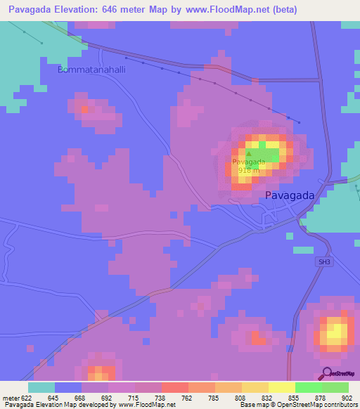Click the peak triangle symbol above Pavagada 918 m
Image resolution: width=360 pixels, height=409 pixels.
pos(249,152)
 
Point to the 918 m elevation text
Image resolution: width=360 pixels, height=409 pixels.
pos(249,170)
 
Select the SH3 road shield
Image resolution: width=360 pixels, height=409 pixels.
pos(322,261)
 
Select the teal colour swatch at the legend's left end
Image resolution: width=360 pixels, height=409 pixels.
pos(41,387)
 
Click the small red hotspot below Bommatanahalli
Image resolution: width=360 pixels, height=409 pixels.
pos(84,110)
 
